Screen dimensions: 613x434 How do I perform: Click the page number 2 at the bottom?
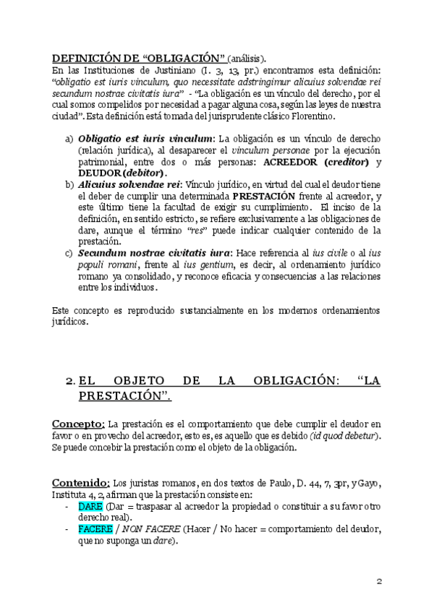pos(378,580)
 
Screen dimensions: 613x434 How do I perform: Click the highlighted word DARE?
pos(90,507)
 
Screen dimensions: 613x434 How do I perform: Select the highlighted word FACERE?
pos(95,528)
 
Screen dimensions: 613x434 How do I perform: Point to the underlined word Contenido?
pos(80,482)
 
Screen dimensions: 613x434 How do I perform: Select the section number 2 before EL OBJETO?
pos(69,381)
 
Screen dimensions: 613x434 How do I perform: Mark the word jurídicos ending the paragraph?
pos(71,322)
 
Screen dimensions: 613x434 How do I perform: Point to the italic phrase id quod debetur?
pos(344,436)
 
